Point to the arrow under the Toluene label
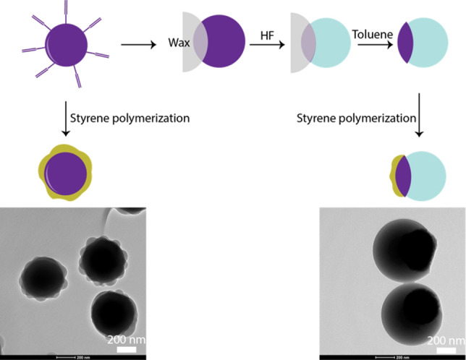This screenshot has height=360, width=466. click(x=369, y=45)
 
